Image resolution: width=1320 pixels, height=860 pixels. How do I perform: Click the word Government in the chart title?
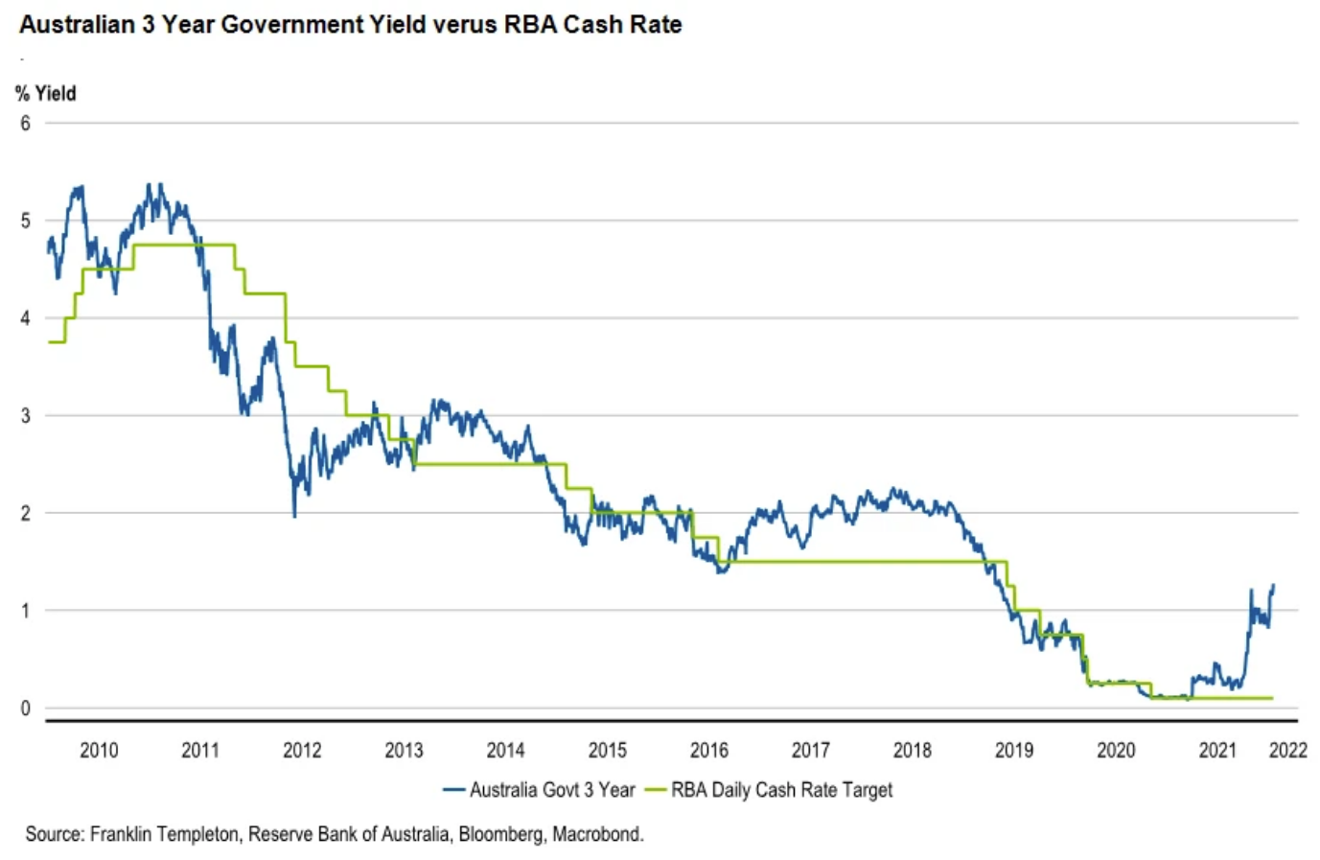click(x=294, y=24)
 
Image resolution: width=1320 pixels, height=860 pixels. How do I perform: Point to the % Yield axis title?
click(x=45, y=93)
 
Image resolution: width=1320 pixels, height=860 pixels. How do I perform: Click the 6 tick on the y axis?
click(x=25, y=123)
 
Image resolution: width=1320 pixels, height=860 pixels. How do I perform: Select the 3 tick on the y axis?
click(x=25, y=415)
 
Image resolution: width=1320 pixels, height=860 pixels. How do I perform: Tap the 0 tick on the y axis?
click(x=25, y=709)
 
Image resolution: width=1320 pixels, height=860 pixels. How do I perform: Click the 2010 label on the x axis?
click(x=99, y=750)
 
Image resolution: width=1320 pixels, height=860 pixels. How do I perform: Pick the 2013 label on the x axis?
click(x=404, y=750)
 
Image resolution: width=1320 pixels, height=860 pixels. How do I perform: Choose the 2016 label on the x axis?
click(x=708, y=750)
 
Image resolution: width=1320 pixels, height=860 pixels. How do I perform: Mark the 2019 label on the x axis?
click(x=1014, y=750)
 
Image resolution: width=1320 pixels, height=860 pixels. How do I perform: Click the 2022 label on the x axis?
click(x=1287, y=750)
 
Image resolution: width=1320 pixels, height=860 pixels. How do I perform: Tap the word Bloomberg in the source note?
click(x=500, y=834)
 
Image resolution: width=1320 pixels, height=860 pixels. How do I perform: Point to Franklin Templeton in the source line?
click(x=164, y=834)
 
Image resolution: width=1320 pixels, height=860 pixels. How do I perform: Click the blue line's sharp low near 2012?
click(x=294, y=517)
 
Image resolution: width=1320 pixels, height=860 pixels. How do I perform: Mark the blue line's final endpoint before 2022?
click(x=1273, y=585)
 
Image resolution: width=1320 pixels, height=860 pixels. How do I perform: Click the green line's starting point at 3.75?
click(x=49, y=342)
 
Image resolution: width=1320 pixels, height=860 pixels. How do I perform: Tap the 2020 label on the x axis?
click(x=1116, y=750)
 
